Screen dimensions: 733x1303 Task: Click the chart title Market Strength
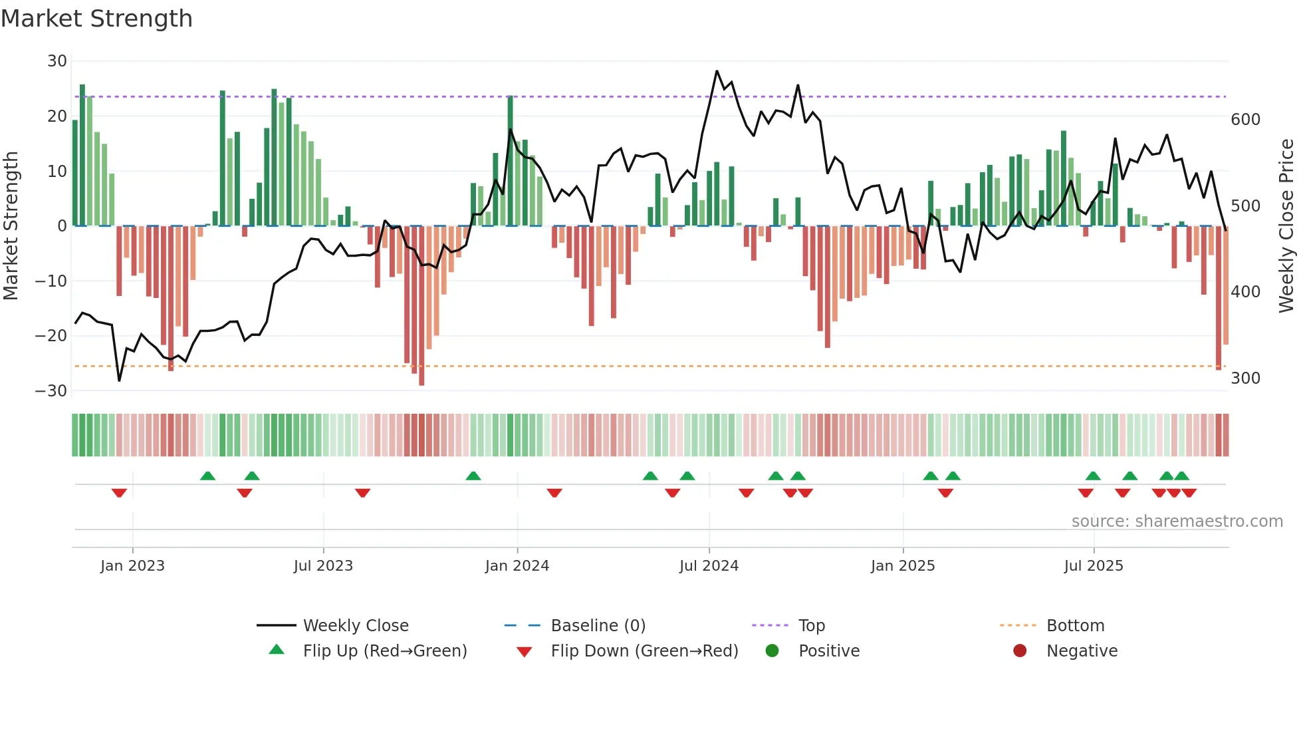click(97, 19)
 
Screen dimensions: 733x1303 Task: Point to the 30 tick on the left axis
click(57, 61)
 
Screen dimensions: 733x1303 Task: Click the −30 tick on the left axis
click(52, 391)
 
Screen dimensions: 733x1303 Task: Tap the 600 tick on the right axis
click(1245, 120)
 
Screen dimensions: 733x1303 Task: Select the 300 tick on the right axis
click(1245, 378)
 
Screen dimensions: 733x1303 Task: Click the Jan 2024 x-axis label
click(517, 566)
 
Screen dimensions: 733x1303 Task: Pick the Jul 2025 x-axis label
click(1093, 566)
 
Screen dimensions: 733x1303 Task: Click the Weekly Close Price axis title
click(1286, 226)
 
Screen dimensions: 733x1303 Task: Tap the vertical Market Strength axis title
click(11, 226)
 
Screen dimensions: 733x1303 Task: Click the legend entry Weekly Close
click(356, 626)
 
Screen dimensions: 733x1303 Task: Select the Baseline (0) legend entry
click(598, 626)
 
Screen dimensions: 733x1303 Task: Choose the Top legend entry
click(811, 626)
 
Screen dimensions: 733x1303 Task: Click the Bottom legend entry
click(1075, 626)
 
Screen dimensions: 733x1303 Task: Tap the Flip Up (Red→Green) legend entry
click(384, 651)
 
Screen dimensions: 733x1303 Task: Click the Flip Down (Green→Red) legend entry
click(644, 651)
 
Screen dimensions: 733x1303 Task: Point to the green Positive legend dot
click(772, 651)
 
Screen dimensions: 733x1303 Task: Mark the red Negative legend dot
click(1020, 651)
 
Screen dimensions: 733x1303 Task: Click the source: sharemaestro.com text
click(1177, 521)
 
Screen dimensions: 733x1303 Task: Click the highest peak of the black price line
click(717, 71)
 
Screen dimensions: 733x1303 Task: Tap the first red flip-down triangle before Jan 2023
click(119, 493)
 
